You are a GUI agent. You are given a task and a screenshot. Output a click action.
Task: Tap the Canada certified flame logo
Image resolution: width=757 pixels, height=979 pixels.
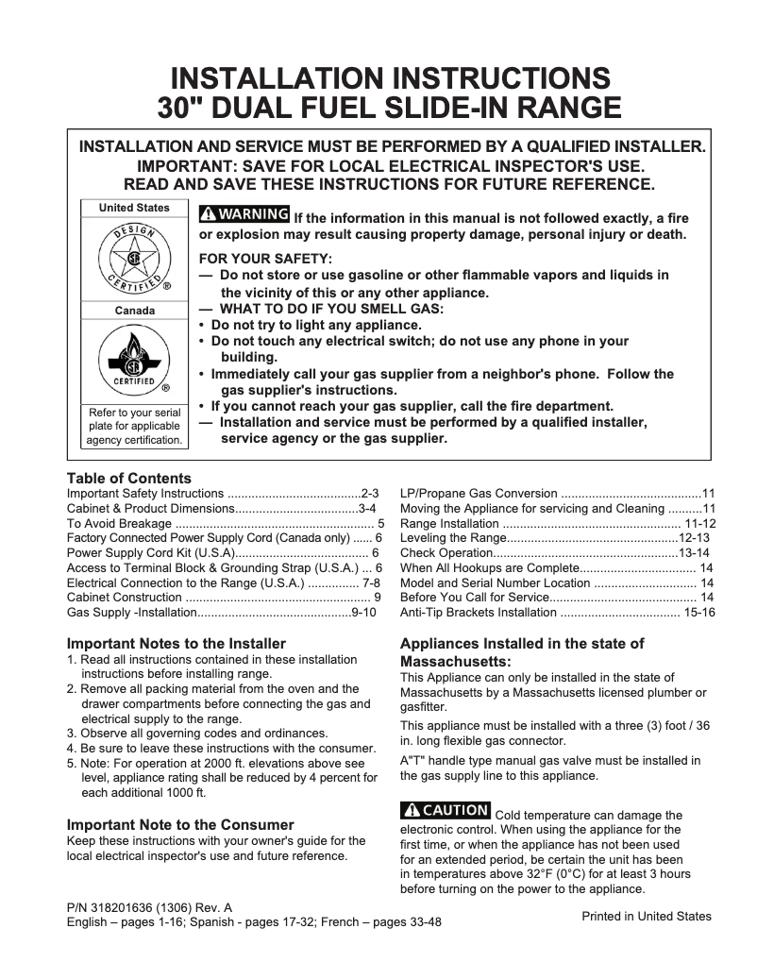pos(134,360)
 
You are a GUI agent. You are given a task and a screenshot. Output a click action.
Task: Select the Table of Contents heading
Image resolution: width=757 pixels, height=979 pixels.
pos(128,479)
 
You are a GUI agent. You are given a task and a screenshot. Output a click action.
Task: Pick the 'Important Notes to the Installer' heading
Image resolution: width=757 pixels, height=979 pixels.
pos(176,644)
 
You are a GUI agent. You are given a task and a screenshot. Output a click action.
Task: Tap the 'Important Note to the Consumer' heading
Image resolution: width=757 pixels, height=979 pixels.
pos(180,824)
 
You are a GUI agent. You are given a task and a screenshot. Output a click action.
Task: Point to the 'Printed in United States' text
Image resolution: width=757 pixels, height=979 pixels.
pos(647,916)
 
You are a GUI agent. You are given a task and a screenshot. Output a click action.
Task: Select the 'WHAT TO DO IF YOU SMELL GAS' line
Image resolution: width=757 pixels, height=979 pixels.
pos(330,309)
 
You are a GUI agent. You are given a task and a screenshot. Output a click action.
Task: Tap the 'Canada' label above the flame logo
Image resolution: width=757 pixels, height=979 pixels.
pos(134,311)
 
